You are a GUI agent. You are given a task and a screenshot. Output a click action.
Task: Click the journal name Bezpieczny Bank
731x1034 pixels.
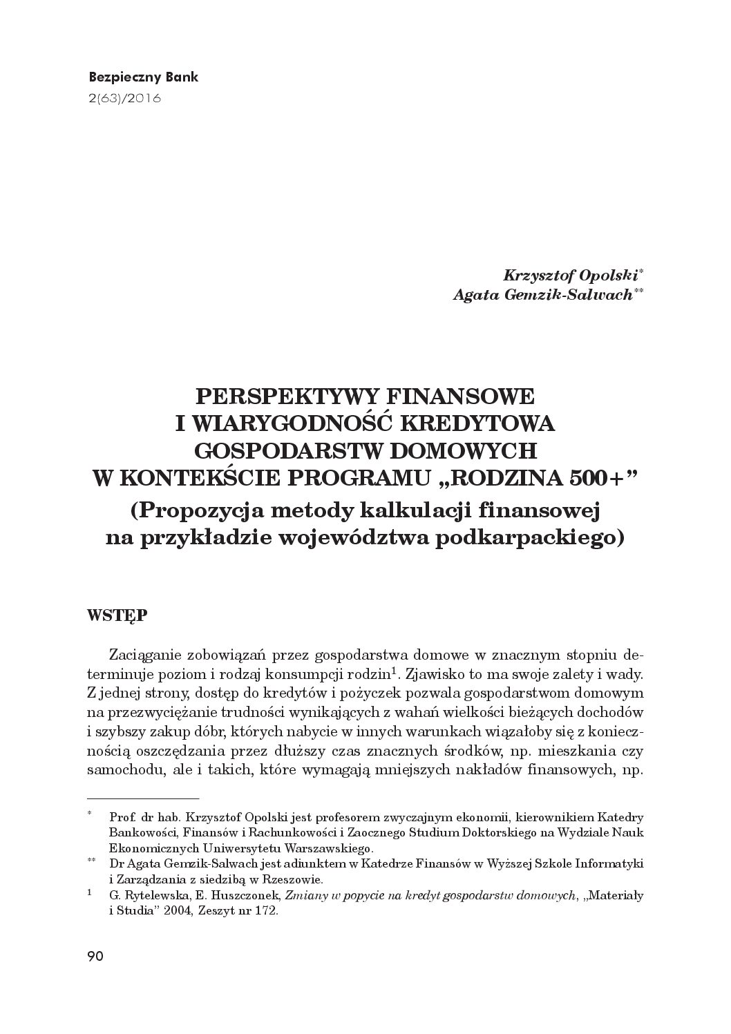144,77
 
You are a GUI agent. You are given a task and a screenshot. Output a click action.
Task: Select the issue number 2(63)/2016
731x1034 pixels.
124,98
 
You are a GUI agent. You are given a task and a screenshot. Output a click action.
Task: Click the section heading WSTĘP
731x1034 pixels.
115,615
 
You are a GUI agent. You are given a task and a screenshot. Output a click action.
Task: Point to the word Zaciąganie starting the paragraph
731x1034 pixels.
159,653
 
